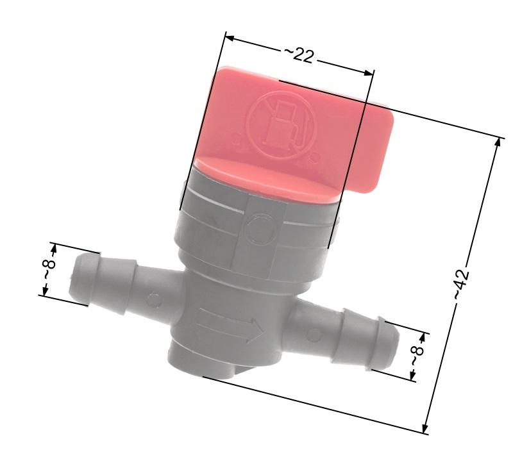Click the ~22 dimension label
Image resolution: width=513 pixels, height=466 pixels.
[x=298, y=55]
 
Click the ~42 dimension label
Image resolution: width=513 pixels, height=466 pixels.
[x=462, y=284]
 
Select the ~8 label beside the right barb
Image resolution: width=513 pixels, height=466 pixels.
[x=417, y=356]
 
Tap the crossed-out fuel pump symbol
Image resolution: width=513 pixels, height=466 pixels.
[x=282, y=125]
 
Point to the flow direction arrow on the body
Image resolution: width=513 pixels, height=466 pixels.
[x=231, y=326]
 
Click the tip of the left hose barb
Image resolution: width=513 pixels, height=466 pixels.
[x=71, y=278]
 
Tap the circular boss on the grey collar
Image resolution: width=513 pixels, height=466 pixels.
[x=261, y=228]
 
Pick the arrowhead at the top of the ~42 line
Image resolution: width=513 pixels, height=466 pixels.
[x=498, y=143]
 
